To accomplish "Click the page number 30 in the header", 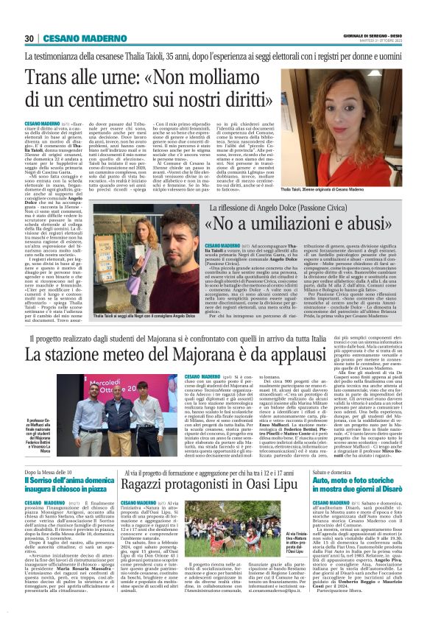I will coord(29,39).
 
